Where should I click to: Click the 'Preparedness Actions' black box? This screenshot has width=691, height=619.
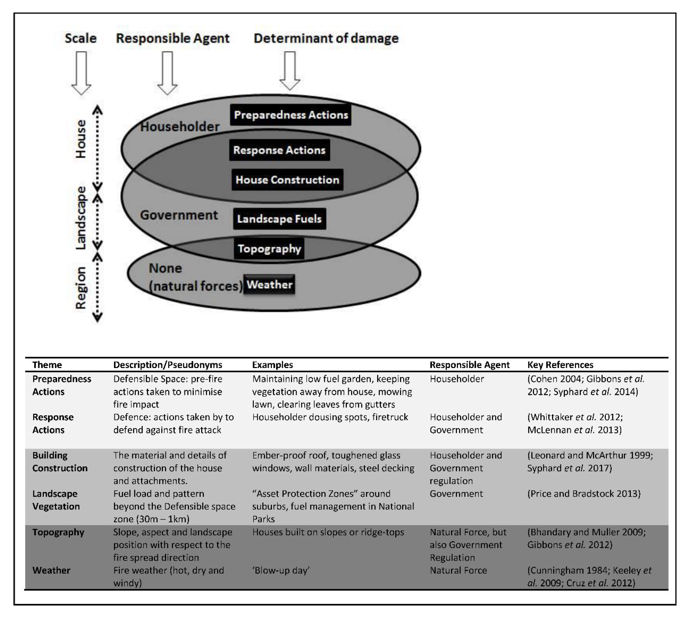[291, 115]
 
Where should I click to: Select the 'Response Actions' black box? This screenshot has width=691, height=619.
[279, 150]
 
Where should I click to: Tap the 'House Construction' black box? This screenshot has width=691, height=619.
[287, 179]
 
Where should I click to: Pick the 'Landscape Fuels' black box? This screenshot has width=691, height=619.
[279, 219]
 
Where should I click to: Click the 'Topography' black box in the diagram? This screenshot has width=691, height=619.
[269, 249]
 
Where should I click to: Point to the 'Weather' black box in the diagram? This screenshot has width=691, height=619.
[269, 284]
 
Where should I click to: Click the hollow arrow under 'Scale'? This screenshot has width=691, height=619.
[81, 73]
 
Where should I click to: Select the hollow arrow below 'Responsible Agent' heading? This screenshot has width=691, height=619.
[167, 73]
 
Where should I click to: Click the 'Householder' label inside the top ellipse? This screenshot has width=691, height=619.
[180, 127]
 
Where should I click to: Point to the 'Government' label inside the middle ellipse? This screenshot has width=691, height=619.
[179, 215]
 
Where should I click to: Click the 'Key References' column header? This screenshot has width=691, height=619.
[560, 365]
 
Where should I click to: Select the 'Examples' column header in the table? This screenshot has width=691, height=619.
[272, 365]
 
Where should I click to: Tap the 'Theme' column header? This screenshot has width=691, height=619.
[47, 365]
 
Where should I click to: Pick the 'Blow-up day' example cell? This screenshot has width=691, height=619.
[281, 570]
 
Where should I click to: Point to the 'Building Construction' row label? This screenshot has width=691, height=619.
[60, 462]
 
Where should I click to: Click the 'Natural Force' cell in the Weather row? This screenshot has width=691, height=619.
[458, 570]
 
